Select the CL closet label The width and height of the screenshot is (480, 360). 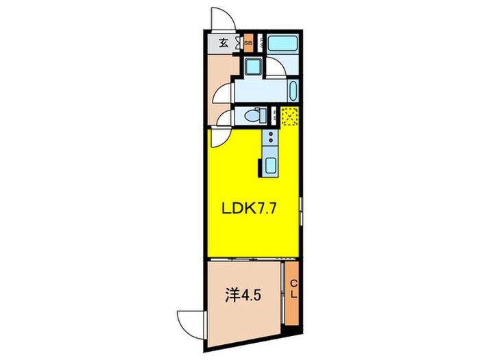click(293, 288)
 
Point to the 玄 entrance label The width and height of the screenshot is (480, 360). click(224, 43)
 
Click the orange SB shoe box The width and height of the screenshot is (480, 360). click(248, 43)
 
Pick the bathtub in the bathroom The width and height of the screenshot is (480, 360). click(282, 43)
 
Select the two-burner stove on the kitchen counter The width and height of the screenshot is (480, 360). click(270, 141)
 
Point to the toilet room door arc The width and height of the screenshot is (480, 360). click(224, 117)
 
